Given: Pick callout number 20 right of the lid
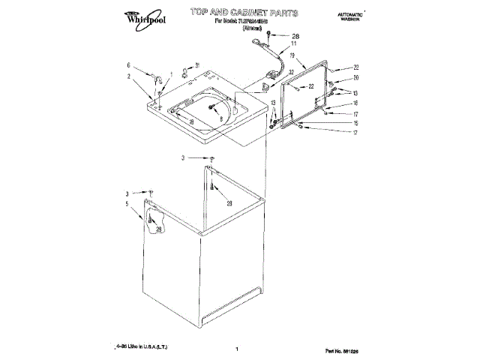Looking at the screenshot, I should pos(356,78).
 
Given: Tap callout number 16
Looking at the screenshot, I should pos(356,103).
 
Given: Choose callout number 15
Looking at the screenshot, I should pos(356,123).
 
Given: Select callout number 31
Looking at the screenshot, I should pos(197,64).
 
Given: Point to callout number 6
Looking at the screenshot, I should pos(128,65).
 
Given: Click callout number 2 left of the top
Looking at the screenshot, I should pos(128,76).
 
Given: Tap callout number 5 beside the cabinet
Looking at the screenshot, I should pos(127,203).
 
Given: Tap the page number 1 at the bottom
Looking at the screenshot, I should pos(236,349).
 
